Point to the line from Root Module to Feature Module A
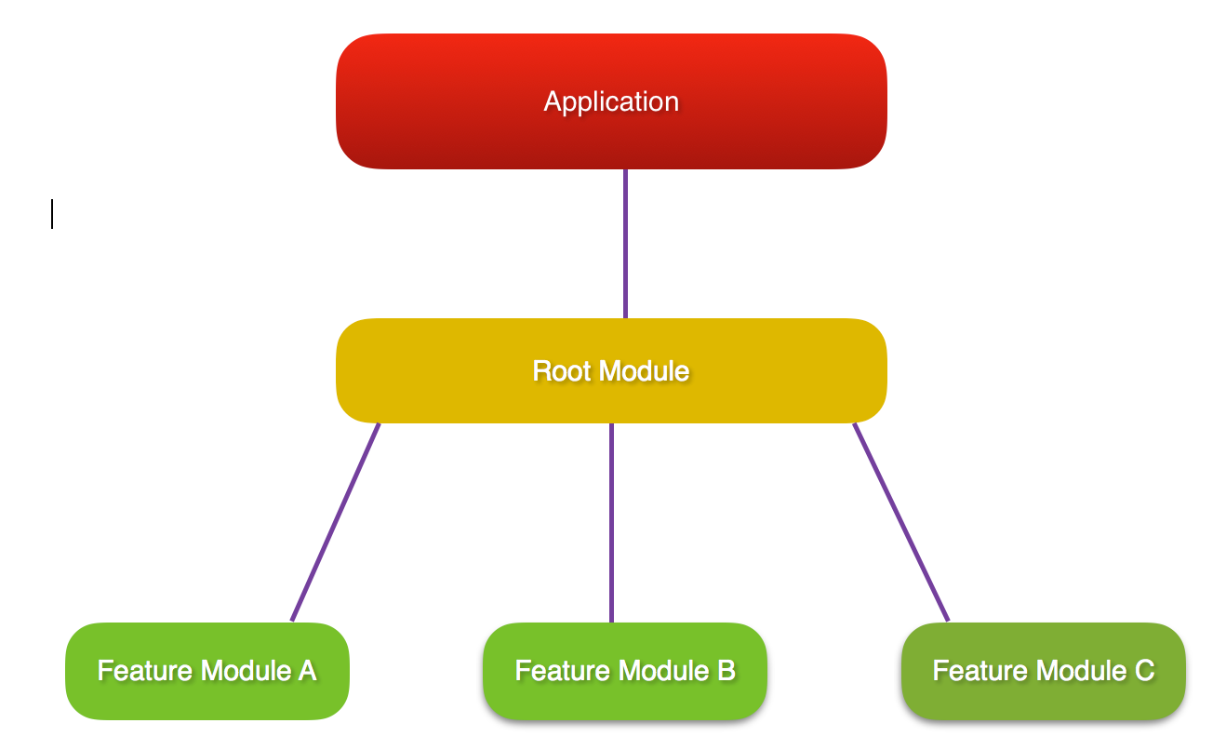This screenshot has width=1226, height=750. pos(336,522)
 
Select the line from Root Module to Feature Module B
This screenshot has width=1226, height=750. pos(611,522)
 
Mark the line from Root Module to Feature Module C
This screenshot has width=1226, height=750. pos(900,522)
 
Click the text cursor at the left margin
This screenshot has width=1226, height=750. pos(52,214)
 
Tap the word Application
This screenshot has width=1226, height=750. pos(611,101)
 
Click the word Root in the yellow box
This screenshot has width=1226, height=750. pos(560,371)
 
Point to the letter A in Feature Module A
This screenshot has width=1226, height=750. pos(306,671)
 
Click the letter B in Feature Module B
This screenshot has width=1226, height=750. pos(726,671)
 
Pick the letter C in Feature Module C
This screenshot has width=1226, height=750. pos(1144,671)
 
